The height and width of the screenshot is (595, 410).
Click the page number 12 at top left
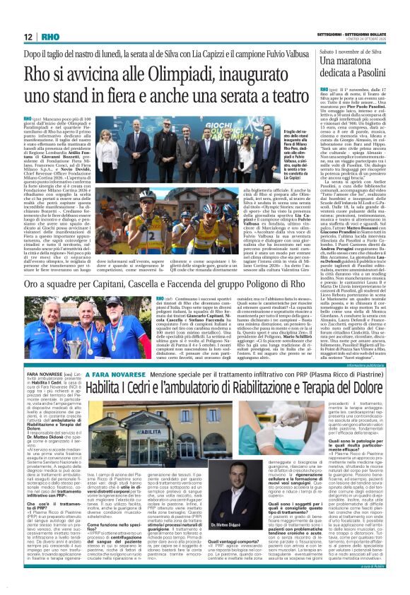pos(28,36)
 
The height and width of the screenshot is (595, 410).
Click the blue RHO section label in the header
pos(50,36)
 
